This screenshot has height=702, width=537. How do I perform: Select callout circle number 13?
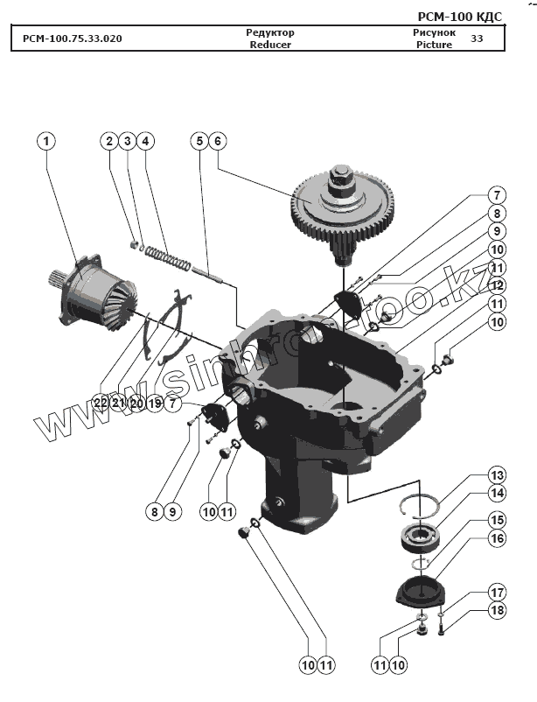pyautogui.click(x=497, y=475)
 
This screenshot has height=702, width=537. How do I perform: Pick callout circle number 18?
pyautogui.click(x=497, y=610)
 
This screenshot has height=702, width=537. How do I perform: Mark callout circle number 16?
pyautogui.click(x=497, y=539)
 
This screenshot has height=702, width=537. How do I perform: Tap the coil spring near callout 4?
pyautogui.click(x=167, y=256)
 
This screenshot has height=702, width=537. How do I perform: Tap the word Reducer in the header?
pyautogui.click(x=269, y=45)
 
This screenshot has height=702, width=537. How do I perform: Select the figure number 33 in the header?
pyautogui.click(x=477, y=39)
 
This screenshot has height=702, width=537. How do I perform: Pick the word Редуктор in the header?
pyautogui.click(x=269, y=32)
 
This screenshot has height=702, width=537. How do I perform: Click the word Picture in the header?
pyautogui.click(x=434, y=45)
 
